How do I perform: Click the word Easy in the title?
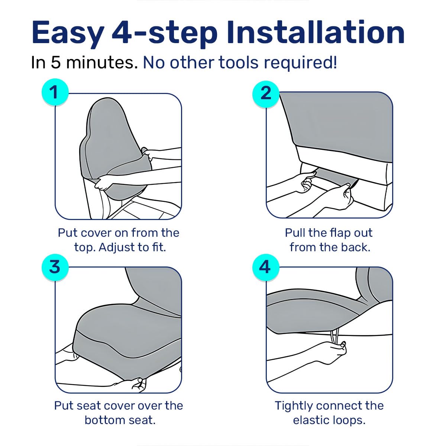coord(68,33)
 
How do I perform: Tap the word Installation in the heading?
coord(316,32)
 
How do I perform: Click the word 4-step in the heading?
coord(165,34)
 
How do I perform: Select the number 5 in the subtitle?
coord(55,62)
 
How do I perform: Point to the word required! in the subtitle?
coord(300,63)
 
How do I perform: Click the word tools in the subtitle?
coord(238,62)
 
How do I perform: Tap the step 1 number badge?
coord(55,92)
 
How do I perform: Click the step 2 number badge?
coord(266,94)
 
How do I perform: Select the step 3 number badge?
coord(55,267)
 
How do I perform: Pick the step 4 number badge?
coord(266,267)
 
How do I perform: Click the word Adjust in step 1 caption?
coord(117,248)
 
